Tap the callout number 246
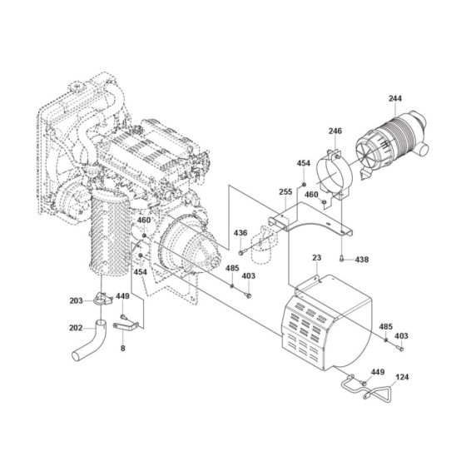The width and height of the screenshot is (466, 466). tap(335, 131)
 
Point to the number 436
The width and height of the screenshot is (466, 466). tap(240, 232)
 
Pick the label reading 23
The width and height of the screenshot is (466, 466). tap(317, 259)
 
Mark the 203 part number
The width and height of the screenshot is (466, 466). tap(77, 300)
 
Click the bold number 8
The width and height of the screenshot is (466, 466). tap(123, 350)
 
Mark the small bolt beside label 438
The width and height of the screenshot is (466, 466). tap(344, 260)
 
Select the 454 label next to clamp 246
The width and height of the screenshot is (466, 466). tap(304, 164)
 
